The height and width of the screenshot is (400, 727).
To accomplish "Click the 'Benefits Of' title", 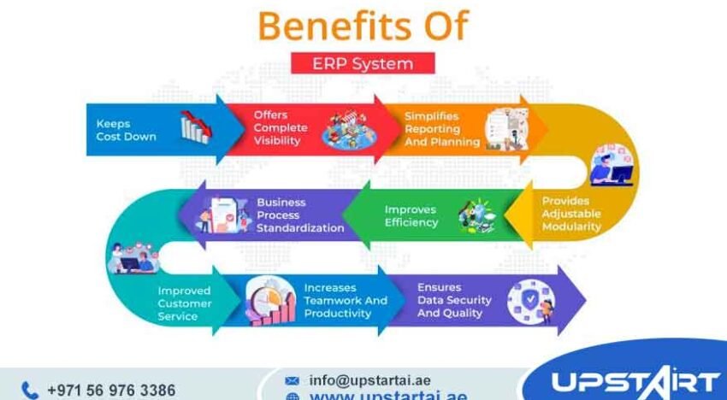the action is (363, 26).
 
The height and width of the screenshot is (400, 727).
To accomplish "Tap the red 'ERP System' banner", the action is (363, 63).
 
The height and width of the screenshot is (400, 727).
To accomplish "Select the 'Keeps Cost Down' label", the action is (126, 130).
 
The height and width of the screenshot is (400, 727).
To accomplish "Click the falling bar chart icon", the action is (194, 128).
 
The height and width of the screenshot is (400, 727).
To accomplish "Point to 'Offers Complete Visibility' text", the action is (277, 127).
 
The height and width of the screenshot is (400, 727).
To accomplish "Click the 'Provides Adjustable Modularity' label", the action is (571, 215).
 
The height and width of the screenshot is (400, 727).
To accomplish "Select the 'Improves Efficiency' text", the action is (411, 215).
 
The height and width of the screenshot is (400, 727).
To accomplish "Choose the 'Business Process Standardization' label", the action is (300, 215).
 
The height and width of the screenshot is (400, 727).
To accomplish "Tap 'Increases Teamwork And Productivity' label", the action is (345, 301).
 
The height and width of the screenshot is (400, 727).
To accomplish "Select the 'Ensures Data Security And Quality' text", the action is (454, 301).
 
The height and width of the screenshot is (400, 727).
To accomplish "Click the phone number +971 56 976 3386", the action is (111, 391).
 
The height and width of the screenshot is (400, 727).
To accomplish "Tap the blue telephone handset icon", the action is (30, 391).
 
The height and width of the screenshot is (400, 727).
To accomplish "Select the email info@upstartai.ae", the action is (370, 379).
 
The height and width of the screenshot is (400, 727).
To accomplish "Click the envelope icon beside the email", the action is (293, 380).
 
